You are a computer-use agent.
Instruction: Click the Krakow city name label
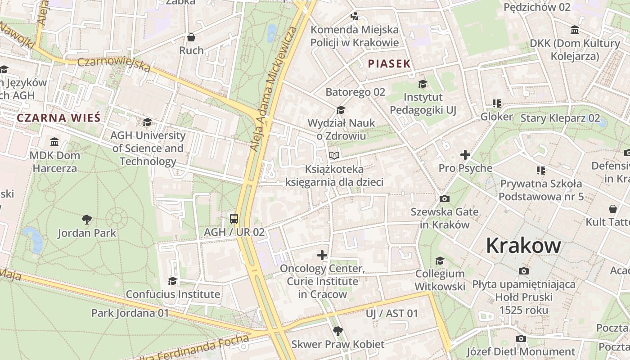pos(523,246)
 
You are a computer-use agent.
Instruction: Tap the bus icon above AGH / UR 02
pos(234,219)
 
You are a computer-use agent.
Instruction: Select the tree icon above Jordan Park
pos(87,220)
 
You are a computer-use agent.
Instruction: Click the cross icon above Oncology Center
pos(322,255)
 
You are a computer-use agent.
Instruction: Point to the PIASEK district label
pos(389,64)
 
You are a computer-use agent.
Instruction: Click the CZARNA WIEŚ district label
pos(58,118)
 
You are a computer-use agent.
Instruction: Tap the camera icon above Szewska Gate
pos(445,198)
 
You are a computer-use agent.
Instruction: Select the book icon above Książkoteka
pos(334,156)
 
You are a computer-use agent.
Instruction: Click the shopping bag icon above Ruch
pos(191,37)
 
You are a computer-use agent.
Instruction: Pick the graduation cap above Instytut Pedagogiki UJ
pos(423,84)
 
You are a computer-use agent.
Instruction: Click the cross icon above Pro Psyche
pos(465,155)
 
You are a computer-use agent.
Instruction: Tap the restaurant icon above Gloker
pos(497,103)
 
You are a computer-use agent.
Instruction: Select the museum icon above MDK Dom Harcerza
pos(54,142)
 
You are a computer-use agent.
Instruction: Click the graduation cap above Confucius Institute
pos(172,281)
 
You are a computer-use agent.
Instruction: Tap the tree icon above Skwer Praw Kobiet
pos(337,331)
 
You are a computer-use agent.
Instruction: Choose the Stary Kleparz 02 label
pos(560,118)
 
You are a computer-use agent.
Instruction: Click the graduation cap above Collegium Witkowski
pos(440,261)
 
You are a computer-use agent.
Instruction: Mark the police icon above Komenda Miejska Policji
pos(355,16)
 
